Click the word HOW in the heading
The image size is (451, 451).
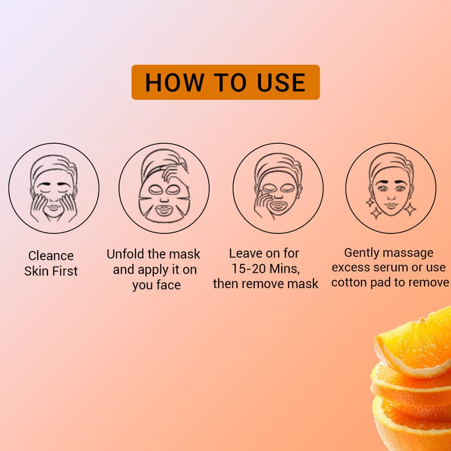click(174, 82)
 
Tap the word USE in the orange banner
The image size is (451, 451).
click(281, 82)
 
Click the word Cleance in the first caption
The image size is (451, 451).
click(51, 256)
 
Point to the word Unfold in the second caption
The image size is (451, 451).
click(125, 254)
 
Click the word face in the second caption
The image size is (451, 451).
click(169, 285)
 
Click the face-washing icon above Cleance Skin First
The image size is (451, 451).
click(54, 188)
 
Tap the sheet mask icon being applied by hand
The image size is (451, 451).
click(164, 188)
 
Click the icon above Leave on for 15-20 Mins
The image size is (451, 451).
click(278, 188)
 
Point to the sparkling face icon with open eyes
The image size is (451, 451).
click(391, 188)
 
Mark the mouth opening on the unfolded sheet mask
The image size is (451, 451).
click(163, 209)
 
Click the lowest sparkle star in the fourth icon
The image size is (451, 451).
click(375, 213)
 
